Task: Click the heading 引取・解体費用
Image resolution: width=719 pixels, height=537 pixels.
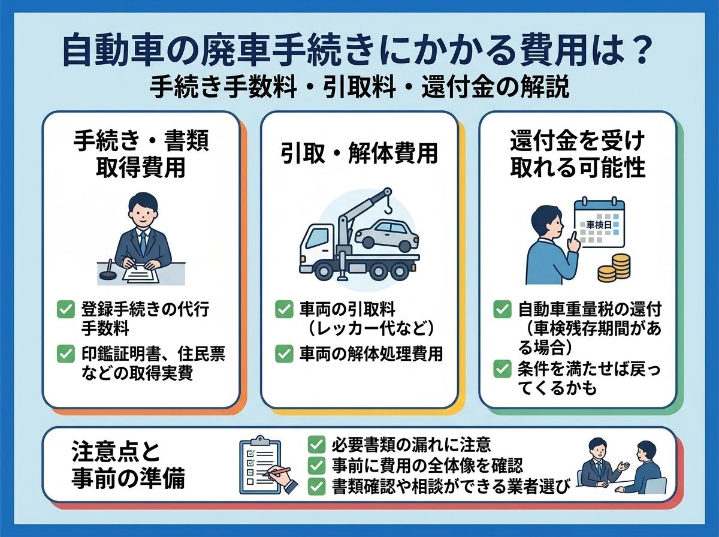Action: (x=359, y=153)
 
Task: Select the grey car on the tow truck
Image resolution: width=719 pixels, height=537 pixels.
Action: (x=386, y=235)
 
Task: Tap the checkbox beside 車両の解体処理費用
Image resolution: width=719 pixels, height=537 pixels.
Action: (x=284, y=354)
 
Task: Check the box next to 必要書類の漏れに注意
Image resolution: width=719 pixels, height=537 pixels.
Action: (x=316, y=445)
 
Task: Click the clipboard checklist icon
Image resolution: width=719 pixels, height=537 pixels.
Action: (x=261, y=464)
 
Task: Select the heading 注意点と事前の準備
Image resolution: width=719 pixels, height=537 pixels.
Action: (x=128, y=466)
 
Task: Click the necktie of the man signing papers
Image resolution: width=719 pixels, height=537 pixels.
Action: (x=143, y=243)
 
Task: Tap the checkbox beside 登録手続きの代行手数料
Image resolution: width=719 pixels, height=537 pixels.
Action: (x=66, y=309)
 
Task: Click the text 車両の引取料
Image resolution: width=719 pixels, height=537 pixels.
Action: (x=347, y=309)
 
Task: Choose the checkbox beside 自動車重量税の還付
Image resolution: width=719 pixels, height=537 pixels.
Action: (x=502, y=309)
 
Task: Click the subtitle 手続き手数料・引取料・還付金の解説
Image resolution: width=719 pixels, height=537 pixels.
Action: (x=359, y=87)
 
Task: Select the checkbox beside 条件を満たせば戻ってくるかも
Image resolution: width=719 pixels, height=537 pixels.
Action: (x=502, y=369)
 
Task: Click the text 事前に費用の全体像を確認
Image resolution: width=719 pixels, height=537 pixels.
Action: (x=427, y=466)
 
